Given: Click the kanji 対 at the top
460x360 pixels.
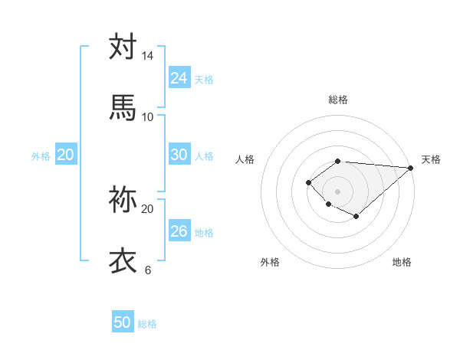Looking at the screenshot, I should [x=123, y=47].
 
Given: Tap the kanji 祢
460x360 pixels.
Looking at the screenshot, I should [x=123, y=200].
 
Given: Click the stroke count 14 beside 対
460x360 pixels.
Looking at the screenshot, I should [x=147, y=56].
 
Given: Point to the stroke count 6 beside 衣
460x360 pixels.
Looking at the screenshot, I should [x=147, y=270].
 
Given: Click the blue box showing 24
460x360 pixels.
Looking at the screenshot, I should [x=179, y=77].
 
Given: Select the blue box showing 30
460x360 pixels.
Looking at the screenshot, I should [x=179, y=155].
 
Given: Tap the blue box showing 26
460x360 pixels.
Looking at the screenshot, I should [x=179, y=231].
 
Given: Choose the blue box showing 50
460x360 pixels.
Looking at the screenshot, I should [x=123, y=322].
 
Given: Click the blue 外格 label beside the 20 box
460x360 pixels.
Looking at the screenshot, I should [x=41, y=156].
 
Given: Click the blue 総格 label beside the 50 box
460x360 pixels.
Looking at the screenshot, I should [x=147, y=324].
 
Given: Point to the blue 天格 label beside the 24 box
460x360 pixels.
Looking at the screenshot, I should [x=204, y=79].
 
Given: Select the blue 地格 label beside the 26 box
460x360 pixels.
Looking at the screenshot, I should [x=204, y=233].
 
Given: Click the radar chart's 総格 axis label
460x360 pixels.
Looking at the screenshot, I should [x=338, y=100].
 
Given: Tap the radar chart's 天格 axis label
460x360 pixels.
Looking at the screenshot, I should [x=431, y=159].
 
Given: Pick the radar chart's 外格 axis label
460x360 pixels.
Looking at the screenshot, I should [x=270, y=262].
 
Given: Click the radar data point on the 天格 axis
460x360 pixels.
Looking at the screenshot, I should [x=410, y=168].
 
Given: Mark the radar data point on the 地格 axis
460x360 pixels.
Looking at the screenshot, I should [x=356, y=217].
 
